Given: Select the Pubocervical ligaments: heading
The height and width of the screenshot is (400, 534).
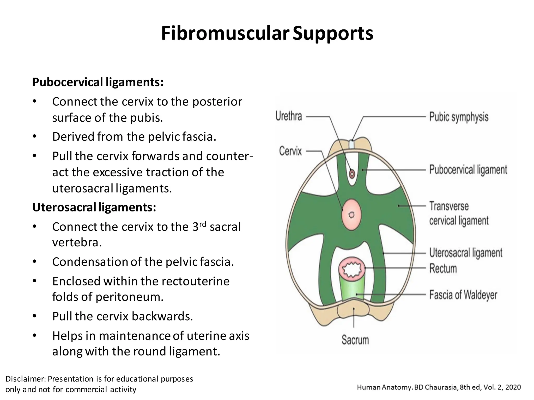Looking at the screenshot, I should click(98, 82).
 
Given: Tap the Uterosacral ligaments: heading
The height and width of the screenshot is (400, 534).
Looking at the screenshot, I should click(94, 207).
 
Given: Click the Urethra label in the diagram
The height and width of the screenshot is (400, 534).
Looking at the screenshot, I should click(289, 116).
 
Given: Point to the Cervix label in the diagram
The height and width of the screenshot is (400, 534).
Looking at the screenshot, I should click(290, 151).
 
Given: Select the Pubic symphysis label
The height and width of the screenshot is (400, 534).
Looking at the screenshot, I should click(459, 117).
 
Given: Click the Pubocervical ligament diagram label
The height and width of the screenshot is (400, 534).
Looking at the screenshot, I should click(468, 170).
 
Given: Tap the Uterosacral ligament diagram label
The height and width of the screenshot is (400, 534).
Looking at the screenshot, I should click(466, 253).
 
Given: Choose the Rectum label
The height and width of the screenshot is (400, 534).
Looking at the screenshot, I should click(443, 268).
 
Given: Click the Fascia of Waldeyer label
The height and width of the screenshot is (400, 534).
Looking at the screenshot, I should click(463, 295).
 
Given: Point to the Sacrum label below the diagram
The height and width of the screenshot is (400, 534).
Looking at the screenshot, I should click(355, 340).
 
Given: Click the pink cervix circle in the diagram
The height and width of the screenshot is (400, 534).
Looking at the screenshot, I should click(351, 215).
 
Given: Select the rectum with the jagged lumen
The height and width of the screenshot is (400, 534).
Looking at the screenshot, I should click(352, 270).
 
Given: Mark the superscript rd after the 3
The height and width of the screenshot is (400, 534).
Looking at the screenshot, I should click(203, 224).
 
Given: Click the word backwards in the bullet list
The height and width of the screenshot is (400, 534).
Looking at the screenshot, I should click(162, 316).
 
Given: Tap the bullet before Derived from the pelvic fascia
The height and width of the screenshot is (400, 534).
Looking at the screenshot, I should click(34, 136).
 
